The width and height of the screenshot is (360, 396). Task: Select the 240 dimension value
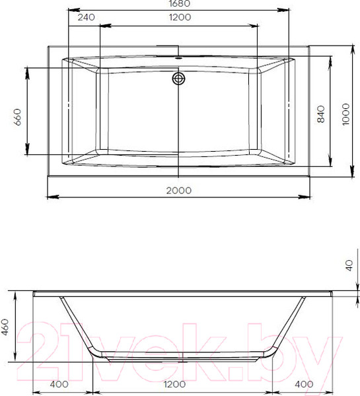point(85,18)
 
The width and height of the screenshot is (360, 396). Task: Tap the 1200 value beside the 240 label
point(178,18)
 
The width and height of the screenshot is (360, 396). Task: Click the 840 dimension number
point(320,115)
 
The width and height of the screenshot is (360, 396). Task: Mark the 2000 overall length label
point(178,190)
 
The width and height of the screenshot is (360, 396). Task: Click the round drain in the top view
point(178,80)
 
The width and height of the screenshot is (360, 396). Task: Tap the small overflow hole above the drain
point(178,58)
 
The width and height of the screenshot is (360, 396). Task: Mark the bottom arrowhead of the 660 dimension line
point(27,151)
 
